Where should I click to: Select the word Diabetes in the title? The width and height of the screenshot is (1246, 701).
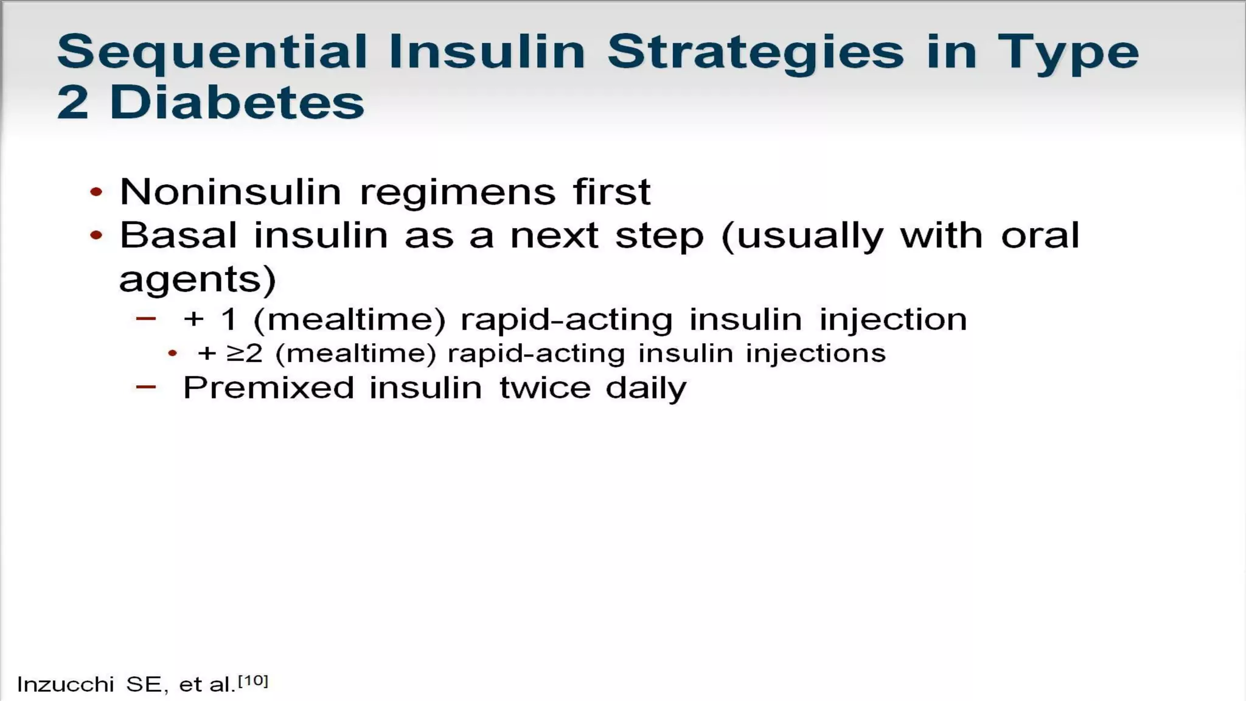(x=237, y=102)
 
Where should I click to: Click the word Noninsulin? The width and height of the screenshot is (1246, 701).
(x=231, y=192)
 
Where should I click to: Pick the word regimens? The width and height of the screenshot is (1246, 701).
(x=458, y=192)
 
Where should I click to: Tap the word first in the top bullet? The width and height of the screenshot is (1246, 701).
(x=611, y=192)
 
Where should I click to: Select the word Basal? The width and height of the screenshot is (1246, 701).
(x=178, y=235)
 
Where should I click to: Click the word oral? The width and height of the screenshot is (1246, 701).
(x=1040, y=235)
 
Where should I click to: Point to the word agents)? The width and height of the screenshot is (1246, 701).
(x=198, y=280)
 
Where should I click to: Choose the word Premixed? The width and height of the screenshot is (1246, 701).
(x=268, y=388)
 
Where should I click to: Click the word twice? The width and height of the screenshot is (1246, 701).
(x=545, y=388)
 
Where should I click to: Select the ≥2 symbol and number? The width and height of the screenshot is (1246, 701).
(x=244, y=354)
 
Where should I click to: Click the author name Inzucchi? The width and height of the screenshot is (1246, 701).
(x=65, y=685)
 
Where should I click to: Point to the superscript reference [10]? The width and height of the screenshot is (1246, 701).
(x=252, y=680)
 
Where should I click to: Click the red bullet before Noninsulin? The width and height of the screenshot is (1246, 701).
(x=96, y=192)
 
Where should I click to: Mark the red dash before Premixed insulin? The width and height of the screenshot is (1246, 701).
(x=146, y=386)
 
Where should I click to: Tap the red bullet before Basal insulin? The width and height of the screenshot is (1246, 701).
(x=96, y=235)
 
